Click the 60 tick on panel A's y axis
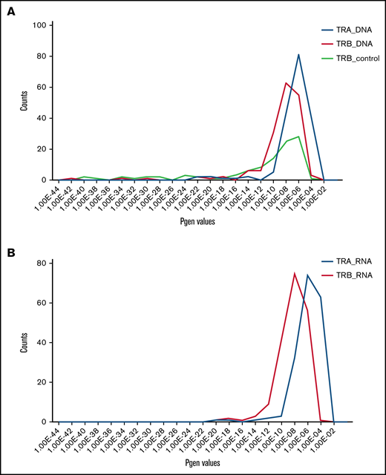[x=43, y=87]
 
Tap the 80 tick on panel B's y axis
[x=43, y=263]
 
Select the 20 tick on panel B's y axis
[x=43, y=381]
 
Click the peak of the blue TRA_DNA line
[x=298, y=54]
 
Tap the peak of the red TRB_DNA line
[x=287, y=82]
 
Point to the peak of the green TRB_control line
[x=298, y=137]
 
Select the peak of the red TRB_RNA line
[x=295, y=272]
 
